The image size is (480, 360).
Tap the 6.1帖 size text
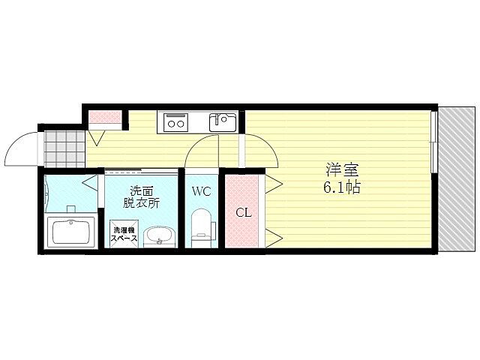341,187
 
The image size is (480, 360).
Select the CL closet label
244,212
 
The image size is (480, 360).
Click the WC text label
201,191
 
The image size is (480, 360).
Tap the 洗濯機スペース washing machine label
124,233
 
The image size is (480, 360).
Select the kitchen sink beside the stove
222,121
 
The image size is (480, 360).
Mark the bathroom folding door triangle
90,182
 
